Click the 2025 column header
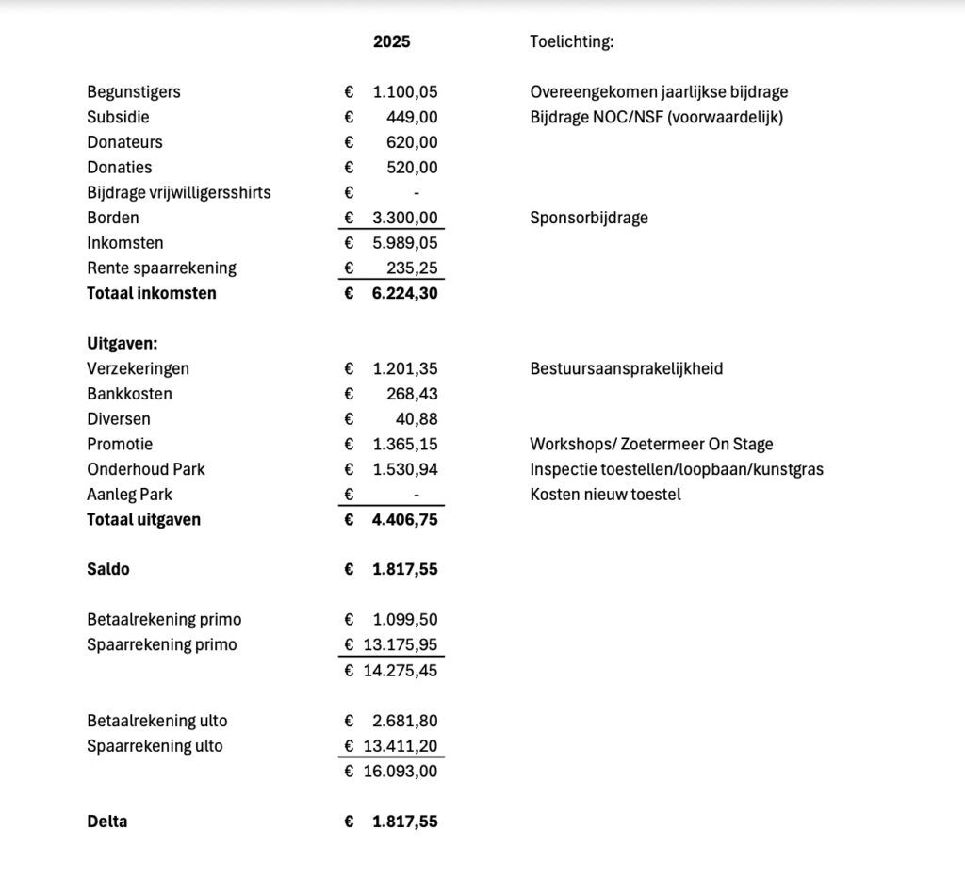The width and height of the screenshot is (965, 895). coord(391,41)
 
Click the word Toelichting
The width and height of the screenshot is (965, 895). coord(572,41)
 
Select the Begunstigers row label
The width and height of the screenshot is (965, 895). coord(134,92)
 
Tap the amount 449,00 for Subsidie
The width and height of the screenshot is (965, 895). coord(412,118)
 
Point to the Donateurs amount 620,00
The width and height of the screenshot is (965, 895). coord(412,142)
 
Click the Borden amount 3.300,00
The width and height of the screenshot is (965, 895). coord(405,218)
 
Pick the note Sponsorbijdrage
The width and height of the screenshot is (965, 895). coord(589,218)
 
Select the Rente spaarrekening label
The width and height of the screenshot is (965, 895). coord(161,268)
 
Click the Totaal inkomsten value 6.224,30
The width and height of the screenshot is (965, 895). coord(405,293)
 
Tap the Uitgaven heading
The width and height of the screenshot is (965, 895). coord(122,344)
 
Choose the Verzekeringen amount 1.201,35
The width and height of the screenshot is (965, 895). coord(405,368)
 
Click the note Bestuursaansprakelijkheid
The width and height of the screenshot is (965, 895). coord(627,368)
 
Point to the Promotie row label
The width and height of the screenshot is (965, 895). coord(120,444)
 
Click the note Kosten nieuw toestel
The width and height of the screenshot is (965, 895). coord(605,495)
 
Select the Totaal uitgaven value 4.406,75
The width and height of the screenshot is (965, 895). coord(405,519)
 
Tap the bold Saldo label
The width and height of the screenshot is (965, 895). coord(108,570)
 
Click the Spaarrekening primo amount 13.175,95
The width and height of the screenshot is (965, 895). coord(401,645)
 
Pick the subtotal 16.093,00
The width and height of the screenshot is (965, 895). coord(401,772)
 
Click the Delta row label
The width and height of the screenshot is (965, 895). coord(107,822)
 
